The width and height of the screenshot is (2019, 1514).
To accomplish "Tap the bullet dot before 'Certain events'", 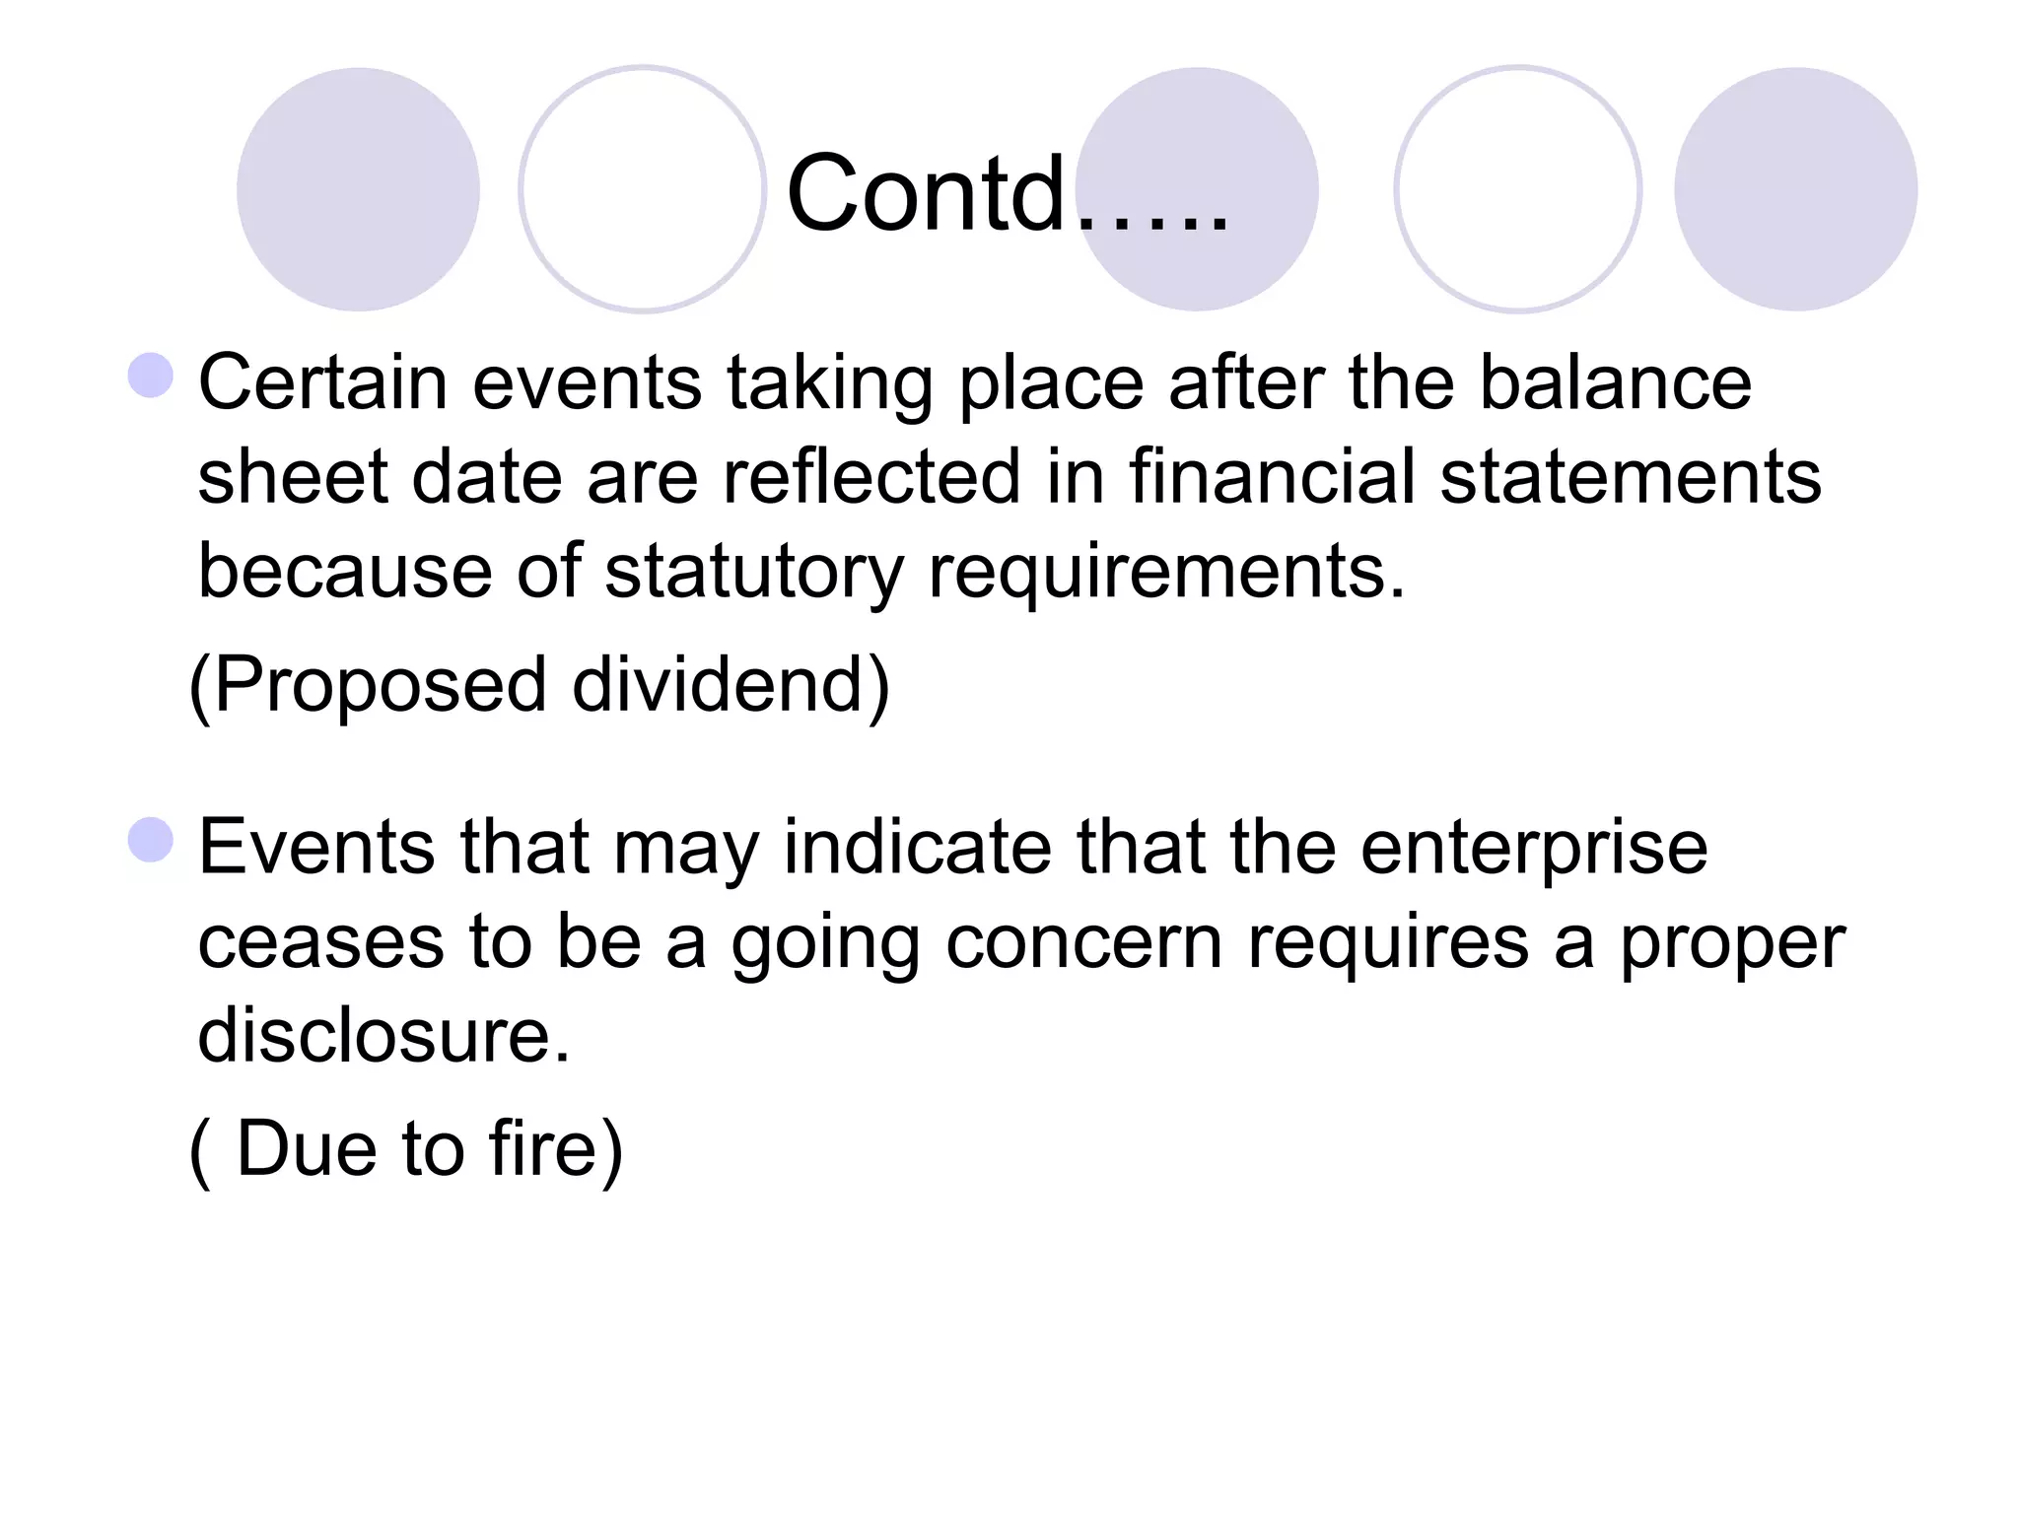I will (x=151, y=376).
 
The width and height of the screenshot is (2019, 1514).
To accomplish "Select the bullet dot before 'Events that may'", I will (x=151, y=840).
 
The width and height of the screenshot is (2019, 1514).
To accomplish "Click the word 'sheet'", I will (x=293, y=477).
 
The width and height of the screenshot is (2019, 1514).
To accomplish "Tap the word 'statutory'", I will (x=753, y=572).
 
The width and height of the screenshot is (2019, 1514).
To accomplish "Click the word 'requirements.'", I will (x=1166, y=572).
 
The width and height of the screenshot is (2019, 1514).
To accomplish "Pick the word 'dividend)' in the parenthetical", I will (x=731, y=685).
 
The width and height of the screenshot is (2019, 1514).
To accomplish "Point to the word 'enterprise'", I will (x=1534, y=848).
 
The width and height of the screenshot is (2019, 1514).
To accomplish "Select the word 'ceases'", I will (x=321, y=941).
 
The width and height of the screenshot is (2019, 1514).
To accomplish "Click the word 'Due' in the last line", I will (x=307, y=1149).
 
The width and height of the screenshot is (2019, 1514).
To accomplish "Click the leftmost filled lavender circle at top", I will (x=358, y=189).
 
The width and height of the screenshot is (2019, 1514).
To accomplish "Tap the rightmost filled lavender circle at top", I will (x=1795, y=189).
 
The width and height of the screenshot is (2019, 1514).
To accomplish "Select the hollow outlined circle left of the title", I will (x=643, y=189).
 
